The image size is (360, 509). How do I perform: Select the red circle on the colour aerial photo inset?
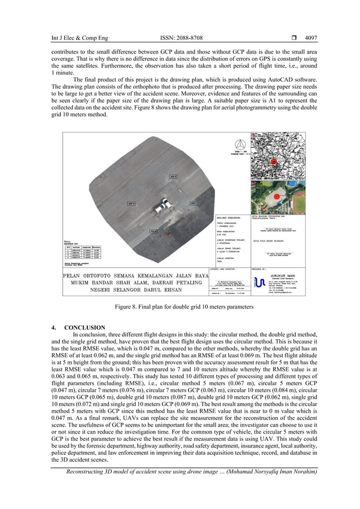click(276, 198)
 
